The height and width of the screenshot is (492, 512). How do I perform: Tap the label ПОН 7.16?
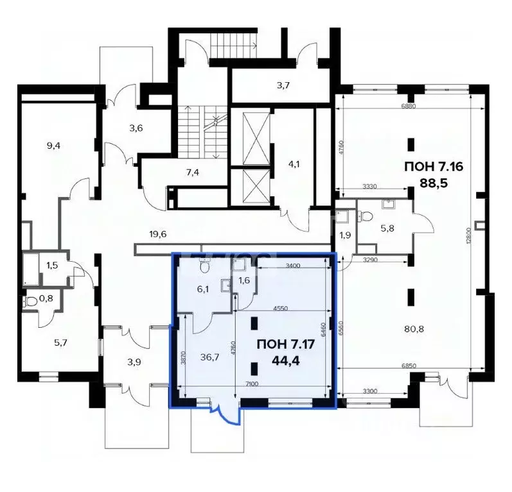pyautogui.click(x=434, y=167)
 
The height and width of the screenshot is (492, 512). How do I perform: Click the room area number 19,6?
pyautogui.click(x=157, y=234)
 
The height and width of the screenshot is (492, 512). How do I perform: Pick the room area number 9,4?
pyautogui.click(x=54, y=145)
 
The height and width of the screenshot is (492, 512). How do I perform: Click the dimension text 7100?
pyautogui.click(x=251, y=384)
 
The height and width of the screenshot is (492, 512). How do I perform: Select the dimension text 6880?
pyautogui.click(x=409, y=106)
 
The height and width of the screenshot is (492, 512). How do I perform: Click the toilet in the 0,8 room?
pyautogui.click(x=31, y=301)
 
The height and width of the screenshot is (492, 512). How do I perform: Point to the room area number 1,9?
pyautogui.click(x=345, y=235)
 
